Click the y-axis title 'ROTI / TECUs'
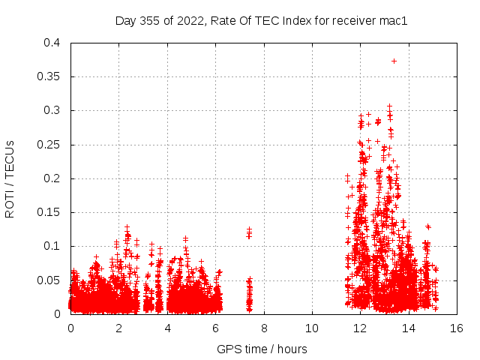[x=10, y=178]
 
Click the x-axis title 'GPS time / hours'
[x=262, y=349]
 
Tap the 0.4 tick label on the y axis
[x=52, y=43]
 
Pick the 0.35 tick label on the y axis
[x=49, y=76]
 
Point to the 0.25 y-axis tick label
[x=49, y=145]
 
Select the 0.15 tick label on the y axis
[x=49, y=212]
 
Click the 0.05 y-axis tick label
[x=49, y=280]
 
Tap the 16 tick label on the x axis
[x=456, y=328]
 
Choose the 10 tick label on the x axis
[x=311, y=328]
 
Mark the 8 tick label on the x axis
[x=263, y=328]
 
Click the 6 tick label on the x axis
[x=215, y=328]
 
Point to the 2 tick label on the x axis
[x=118, y=328]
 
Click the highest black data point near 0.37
[x=394, y=61]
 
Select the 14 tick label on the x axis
[x=408, y=328]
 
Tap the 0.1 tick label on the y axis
[x=52, y=246]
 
